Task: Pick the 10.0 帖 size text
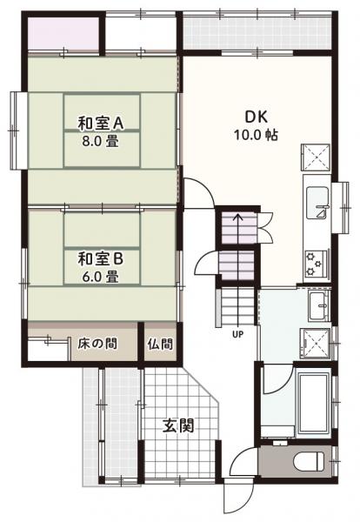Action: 254,136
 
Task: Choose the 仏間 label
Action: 159,341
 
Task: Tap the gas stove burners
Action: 315,259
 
